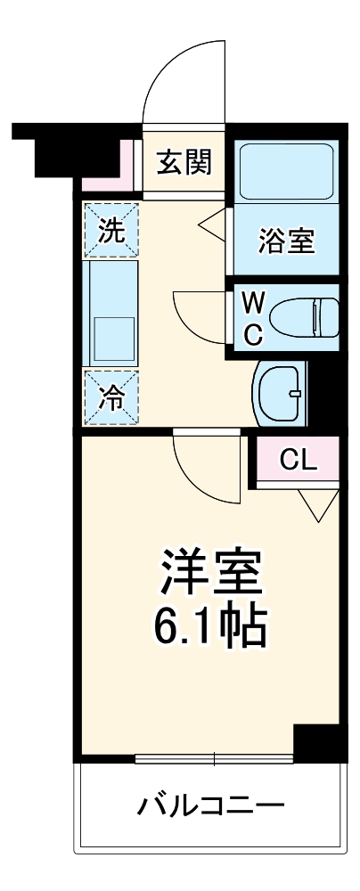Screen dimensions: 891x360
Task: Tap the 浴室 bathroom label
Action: pos(286,241)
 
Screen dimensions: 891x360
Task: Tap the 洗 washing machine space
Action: pos(111,231)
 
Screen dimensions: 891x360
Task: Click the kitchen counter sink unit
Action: pos(111,312)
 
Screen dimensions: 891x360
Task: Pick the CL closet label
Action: pos(299,460)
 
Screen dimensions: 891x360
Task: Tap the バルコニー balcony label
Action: pos(212,808)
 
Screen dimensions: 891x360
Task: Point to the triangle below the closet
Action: pos(317,506)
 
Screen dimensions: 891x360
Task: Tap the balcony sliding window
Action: pos(214,759)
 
